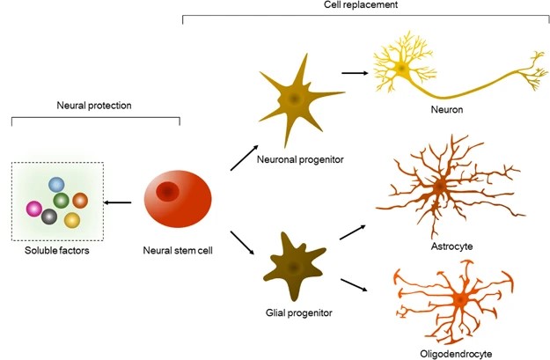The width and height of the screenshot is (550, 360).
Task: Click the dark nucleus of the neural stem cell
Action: pyautogui.click(x=167, y=193)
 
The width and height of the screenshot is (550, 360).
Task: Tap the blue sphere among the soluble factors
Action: pyautogui.click(x=57, y=185)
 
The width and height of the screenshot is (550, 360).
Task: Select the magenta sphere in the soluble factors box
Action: pyautogui.click(x=35, y=209)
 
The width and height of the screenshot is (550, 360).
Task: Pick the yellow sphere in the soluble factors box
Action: pyautogui.click(x=72, y=220)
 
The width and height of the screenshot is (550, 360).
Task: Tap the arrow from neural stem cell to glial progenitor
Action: pyautogui.click(x=243, y=242)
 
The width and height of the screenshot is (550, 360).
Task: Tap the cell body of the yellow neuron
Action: pyautogui.click(x=401, y=68)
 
